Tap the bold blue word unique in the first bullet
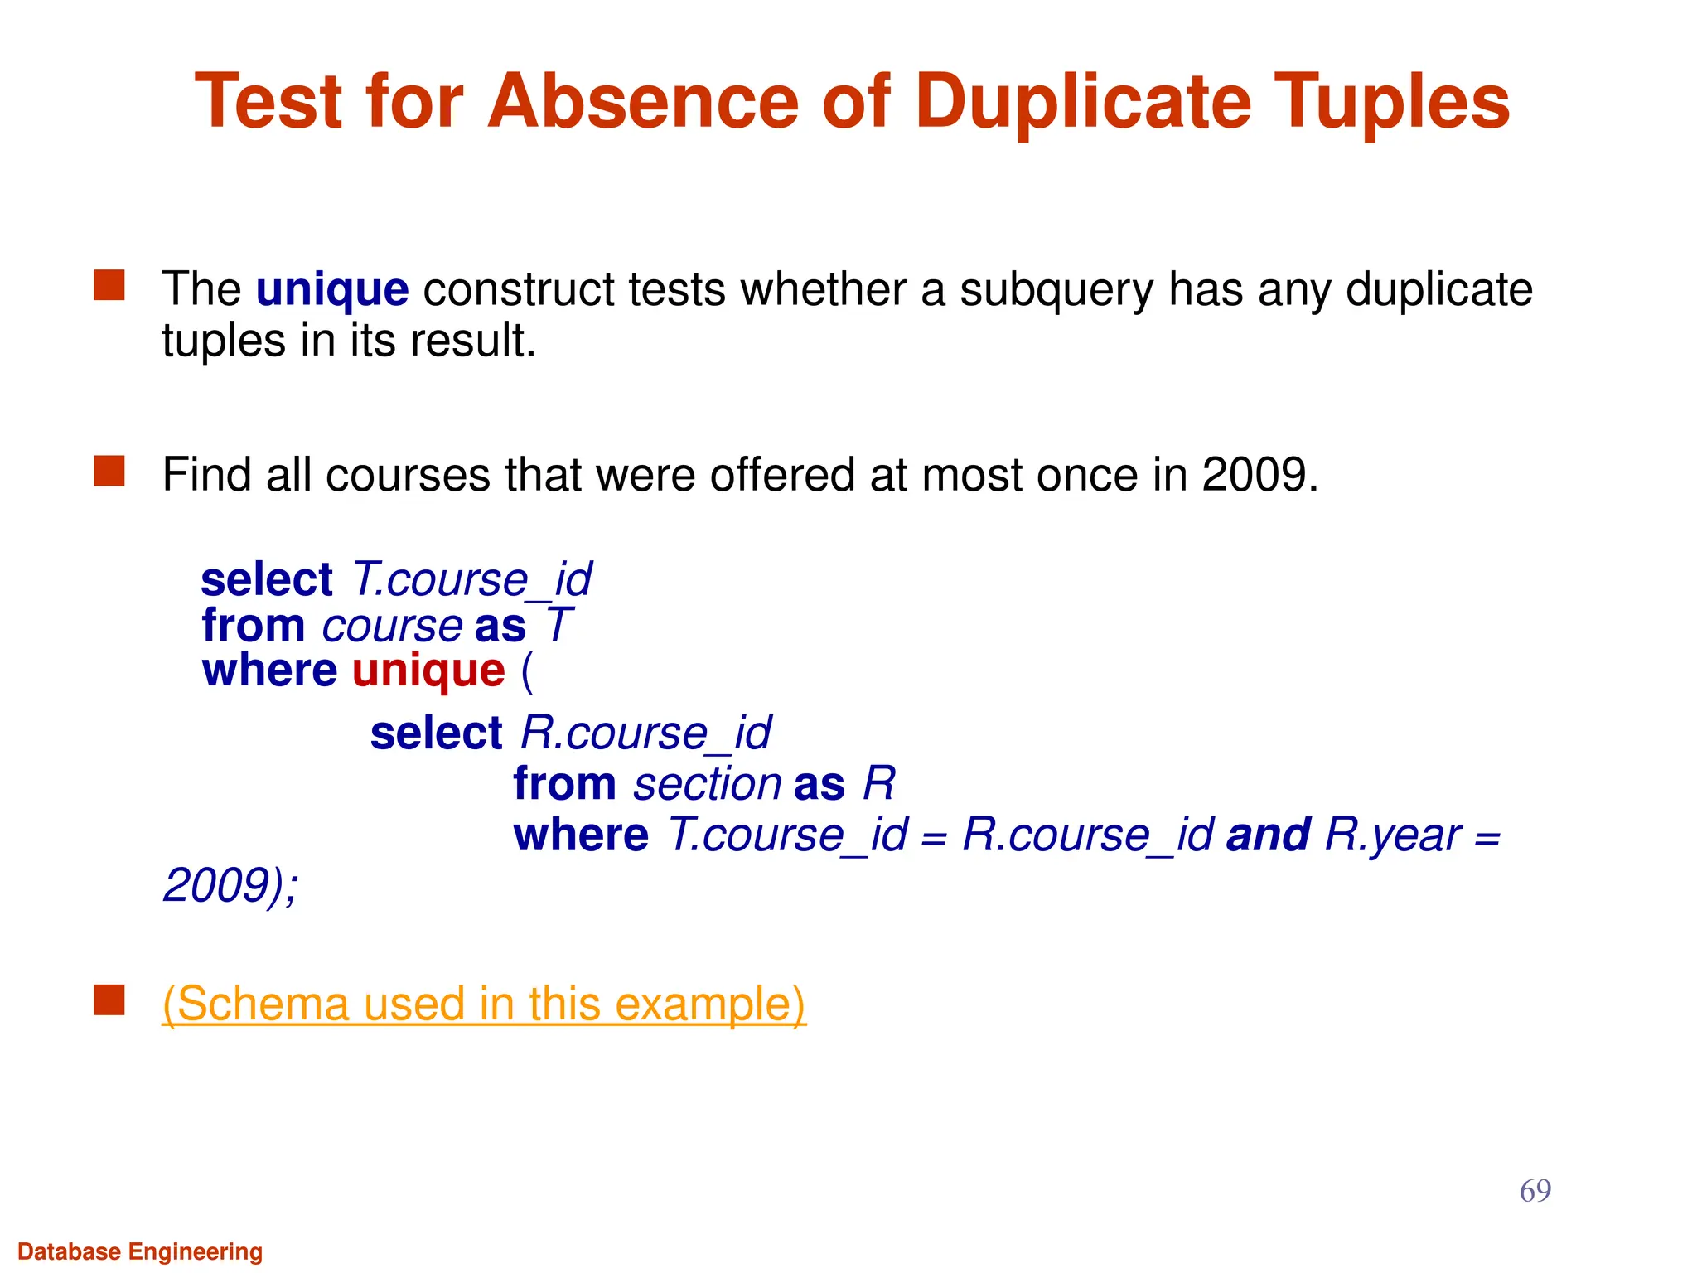coord(332,289)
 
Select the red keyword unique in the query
coord(428,670)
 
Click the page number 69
coord(1535,1191)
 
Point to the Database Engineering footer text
coord(140,1251)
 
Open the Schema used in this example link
coord(483,1004)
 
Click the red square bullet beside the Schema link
coord(109,1000)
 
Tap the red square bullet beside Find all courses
coord(109,471)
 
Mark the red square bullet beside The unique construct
coord(109,285)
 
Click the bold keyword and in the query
coord(1268,835)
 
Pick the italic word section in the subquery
coord(707,784)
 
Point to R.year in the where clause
coord(1392,835)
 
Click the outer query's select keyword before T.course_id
coord(266,579)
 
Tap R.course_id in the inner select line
coord(646,733)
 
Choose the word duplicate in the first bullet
coord(1438,289)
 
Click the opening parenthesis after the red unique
coord(527,671)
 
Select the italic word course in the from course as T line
coord(392,625)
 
